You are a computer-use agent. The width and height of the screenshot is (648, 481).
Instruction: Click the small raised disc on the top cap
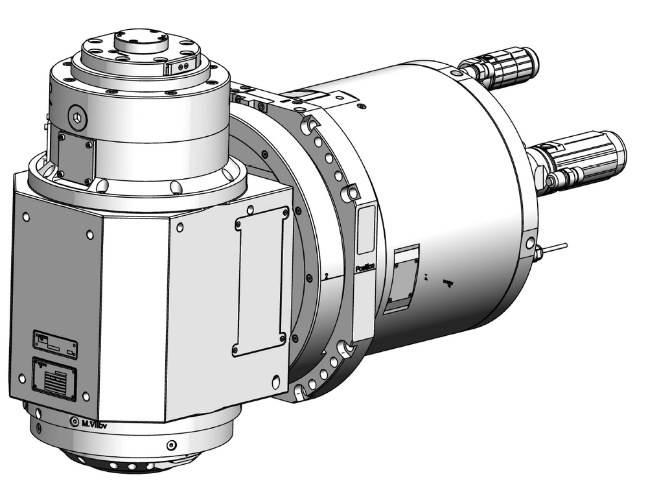pos(141,41)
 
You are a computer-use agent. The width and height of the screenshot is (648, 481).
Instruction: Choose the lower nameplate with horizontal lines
pos(54,376)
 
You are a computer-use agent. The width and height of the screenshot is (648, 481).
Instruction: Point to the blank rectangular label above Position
pos(365,230)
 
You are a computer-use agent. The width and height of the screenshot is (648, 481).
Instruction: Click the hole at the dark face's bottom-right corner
pos(86,395)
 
